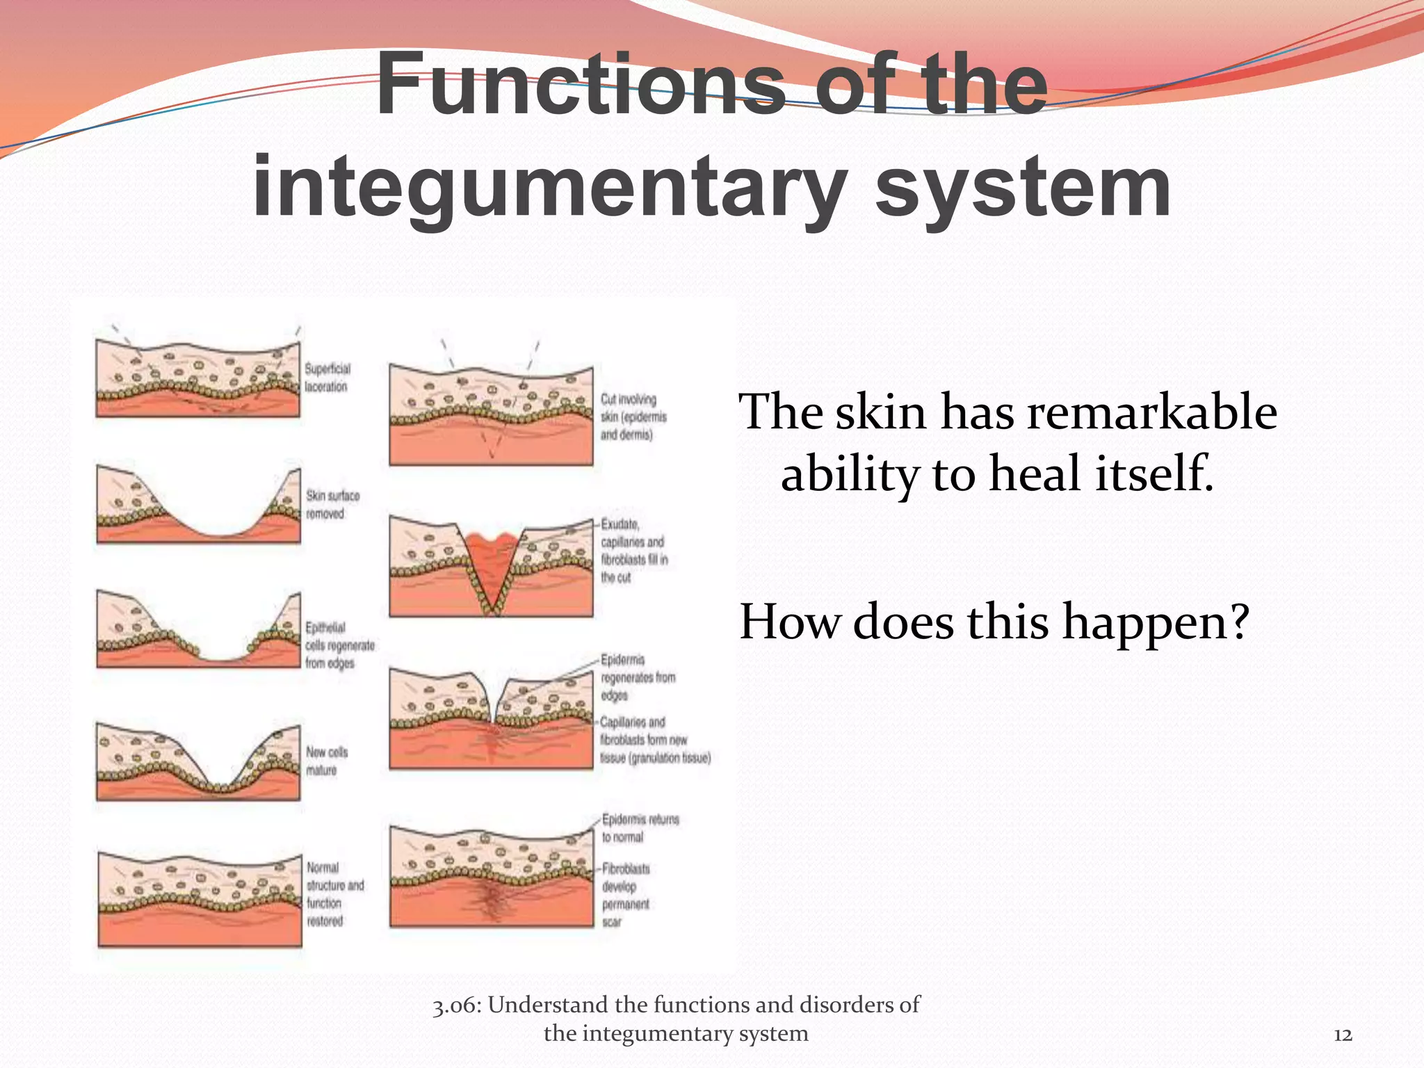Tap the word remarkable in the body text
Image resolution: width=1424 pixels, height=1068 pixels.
coord(1151,412)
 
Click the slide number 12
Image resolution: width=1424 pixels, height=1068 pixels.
coord(1343,1035)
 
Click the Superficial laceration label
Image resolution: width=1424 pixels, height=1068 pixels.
coord(327,378)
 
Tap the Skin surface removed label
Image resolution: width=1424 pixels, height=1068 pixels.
coord(332,505)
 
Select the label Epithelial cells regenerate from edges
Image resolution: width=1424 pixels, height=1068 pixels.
coord(339,645)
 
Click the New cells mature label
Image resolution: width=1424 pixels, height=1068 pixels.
coord(326,761)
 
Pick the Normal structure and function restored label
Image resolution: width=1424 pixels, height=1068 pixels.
coord(334,894)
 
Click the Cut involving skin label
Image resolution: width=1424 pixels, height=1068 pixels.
coord(633,416)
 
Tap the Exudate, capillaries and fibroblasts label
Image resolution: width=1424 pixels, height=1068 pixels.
coord(633,551)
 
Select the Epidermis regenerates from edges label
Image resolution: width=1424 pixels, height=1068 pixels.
coord(637,677)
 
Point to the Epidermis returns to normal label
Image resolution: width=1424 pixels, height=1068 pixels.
coord(639,827)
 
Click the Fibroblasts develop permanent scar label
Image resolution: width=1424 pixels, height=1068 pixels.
coord(625,895)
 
